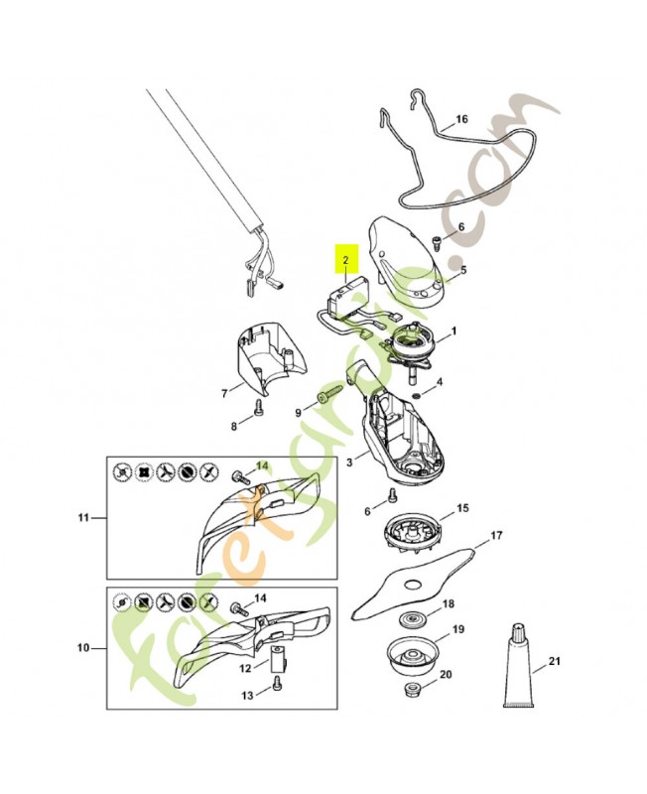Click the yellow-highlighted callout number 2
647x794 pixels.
(x=345, y=261)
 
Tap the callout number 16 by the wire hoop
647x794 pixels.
(x=461, y=119)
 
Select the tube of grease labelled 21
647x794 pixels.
(x=518, y=665)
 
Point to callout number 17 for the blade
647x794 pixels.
(x=496, y=535)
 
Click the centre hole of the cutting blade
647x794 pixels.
(x=414, y=585)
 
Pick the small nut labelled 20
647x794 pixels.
(x=410, y=689)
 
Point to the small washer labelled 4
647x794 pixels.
(x=415, y=395)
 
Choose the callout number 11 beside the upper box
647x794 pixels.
(x=83, y=517)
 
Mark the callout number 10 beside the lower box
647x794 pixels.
(x=83, y=648)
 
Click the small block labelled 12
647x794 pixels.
(x=279, y=655)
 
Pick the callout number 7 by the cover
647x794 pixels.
(x=225, y=393)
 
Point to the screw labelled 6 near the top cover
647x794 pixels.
(x=435, y=242)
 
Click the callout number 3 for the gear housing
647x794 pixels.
(x=349, y=462)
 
